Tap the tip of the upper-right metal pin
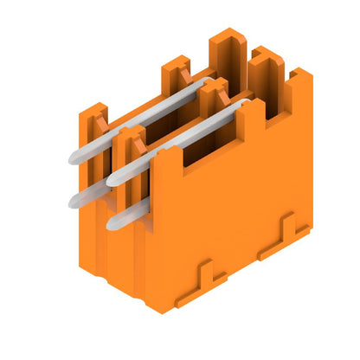point(113,177)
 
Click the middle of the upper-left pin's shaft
point(138,119)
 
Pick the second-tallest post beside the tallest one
point(267,66)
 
